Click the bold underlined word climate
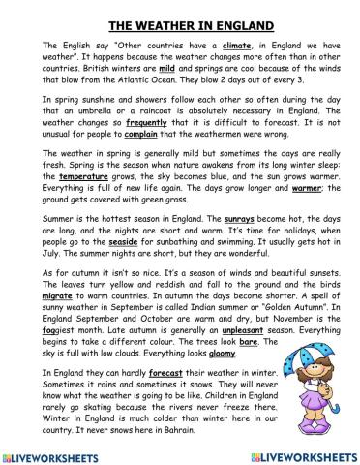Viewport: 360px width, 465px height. [238, 46]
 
